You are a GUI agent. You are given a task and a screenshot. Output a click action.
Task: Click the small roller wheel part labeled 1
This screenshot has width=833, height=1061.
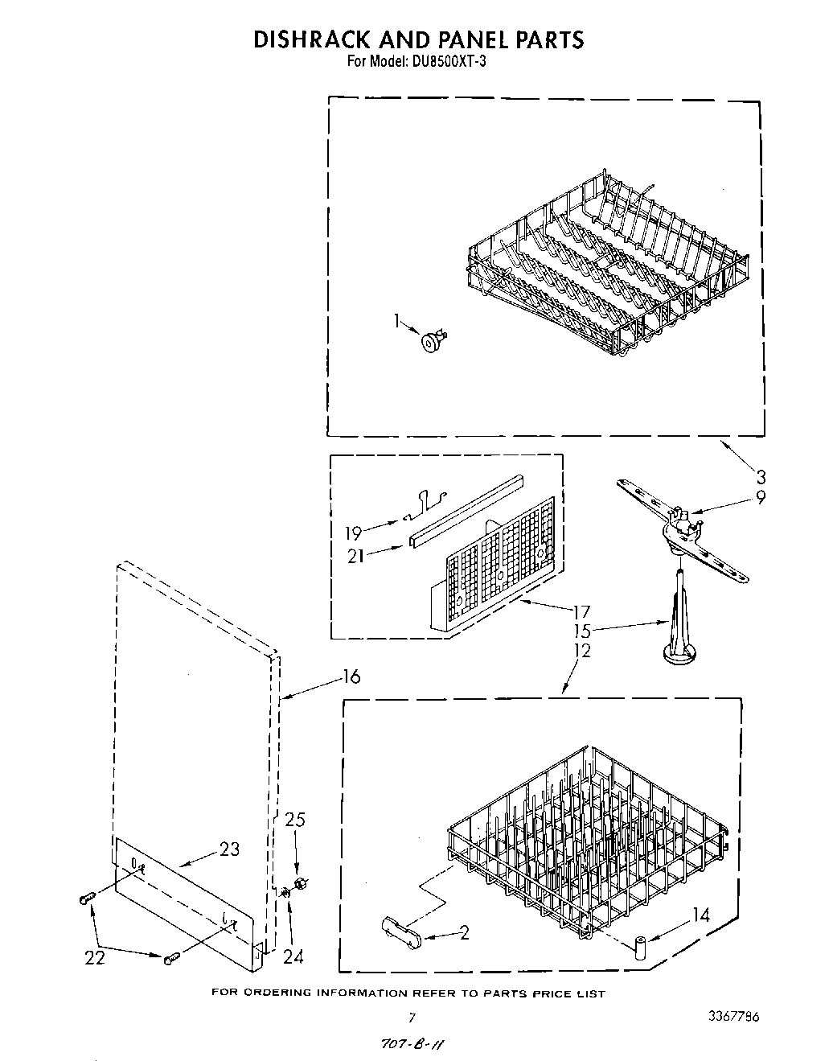coord(433,341)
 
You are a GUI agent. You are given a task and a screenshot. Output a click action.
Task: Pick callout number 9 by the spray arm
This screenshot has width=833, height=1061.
coord(760,498)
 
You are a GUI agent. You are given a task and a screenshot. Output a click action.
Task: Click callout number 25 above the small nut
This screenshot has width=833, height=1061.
coord(295,820)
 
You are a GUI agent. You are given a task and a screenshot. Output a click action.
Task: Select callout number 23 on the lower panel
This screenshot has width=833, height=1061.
coord(230,849)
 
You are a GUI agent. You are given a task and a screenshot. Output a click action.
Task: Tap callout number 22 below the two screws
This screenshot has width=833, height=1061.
coord(94,957)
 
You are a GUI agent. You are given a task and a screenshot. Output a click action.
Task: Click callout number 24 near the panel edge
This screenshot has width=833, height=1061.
coord(293,957)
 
